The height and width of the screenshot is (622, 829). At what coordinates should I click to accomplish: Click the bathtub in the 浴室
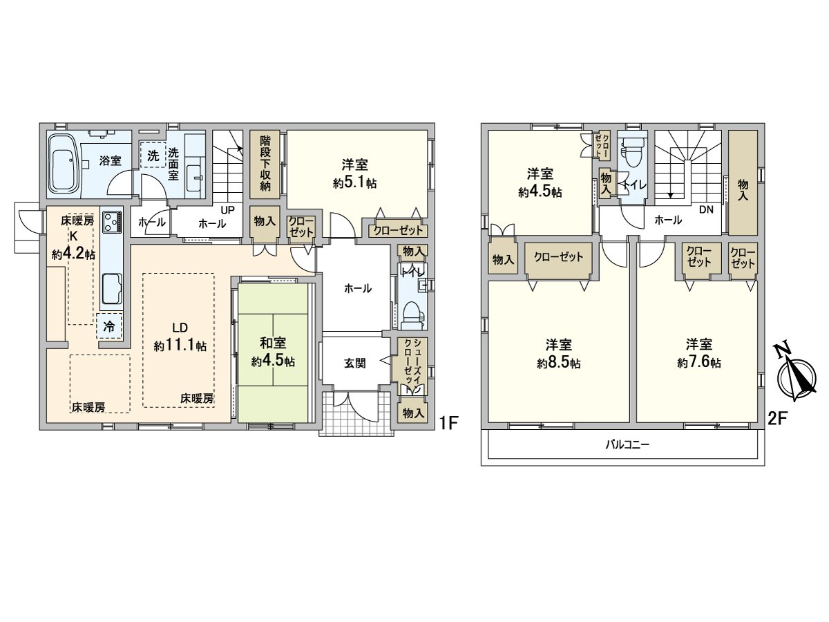64,165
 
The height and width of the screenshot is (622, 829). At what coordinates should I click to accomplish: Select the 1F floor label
450,422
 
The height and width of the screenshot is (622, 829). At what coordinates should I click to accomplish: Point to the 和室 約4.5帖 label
274,352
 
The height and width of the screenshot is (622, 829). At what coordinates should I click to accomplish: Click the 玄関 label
355,364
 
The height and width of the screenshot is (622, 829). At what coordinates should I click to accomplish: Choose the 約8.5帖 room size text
561,363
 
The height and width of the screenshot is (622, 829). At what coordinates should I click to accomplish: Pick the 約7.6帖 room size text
699,363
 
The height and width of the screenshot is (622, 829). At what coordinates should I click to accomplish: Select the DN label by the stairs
706,209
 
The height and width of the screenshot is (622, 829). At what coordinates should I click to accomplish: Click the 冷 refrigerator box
109,326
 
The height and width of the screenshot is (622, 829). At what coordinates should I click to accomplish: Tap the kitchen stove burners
111,223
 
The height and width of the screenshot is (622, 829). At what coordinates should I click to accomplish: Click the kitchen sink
111,288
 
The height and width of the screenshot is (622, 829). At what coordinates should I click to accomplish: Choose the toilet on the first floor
412,314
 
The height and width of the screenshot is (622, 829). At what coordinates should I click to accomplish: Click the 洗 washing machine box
152,155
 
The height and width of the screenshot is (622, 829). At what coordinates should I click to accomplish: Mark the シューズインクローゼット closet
410,366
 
